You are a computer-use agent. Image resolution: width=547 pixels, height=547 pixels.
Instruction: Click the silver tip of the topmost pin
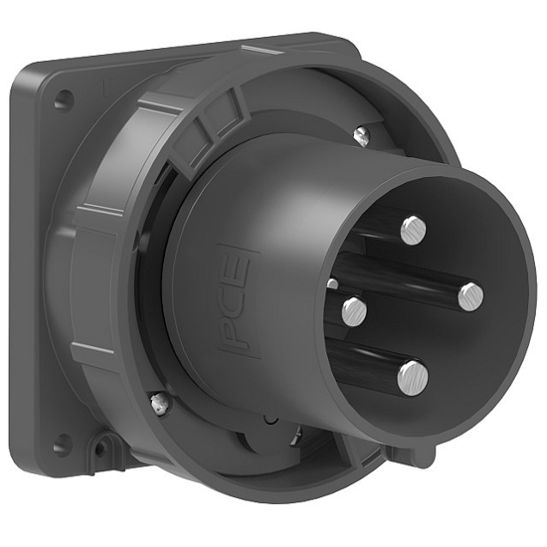coord(413,230)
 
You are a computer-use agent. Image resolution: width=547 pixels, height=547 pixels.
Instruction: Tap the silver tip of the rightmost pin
coord(469,294)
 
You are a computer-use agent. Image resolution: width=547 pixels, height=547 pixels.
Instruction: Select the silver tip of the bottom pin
coord(412,376)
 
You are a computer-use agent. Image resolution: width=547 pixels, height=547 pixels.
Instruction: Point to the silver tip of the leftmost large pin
coord(354,312)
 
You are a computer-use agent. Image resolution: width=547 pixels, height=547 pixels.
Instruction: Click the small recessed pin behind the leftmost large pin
coord(332,285)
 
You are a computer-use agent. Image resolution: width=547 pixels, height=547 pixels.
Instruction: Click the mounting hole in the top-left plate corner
coord(63,100)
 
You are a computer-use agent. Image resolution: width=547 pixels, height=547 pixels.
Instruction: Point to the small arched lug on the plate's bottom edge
coord(100,453)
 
